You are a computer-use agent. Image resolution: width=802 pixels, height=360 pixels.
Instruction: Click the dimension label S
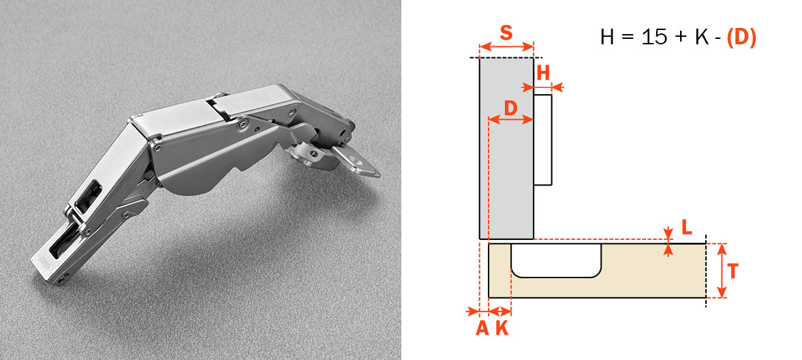pos(506,33)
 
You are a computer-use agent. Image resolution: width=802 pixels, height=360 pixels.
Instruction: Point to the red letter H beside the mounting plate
pos(543,73)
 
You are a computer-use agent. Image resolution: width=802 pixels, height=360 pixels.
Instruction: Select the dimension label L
pos(686,226)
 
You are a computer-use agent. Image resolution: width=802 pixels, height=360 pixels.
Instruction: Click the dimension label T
pos(733,271)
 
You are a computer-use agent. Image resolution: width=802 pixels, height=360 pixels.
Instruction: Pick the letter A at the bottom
pos(482,328)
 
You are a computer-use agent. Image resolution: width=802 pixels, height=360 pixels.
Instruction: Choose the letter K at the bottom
pos(502,328)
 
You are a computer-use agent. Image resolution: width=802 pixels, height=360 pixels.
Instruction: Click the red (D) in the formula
pos(741,37)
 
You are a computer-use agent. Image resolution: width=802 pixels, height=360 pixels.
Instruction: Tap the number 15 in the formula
pos(653,37)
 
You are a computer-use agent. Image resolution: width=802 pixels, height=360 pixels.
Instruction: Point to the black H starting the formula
pos(607,37)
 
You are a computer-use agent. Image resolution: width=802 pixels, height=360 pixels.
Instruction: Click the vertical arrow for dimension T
pos(722,271)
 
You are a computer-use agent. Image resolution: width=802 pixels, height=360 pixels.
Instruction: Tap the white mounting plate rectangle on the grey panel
pos(542,139)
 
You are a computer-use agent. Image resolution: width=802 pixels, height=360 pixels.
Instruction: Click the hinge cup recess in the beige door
pos(556,260)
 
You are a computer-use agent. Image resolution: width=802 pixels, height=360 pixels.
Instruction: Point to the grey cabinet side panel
pos(506,149)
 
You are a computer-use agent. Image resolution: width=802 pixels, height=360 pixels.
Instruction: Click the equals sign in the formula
pos(628,38)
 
